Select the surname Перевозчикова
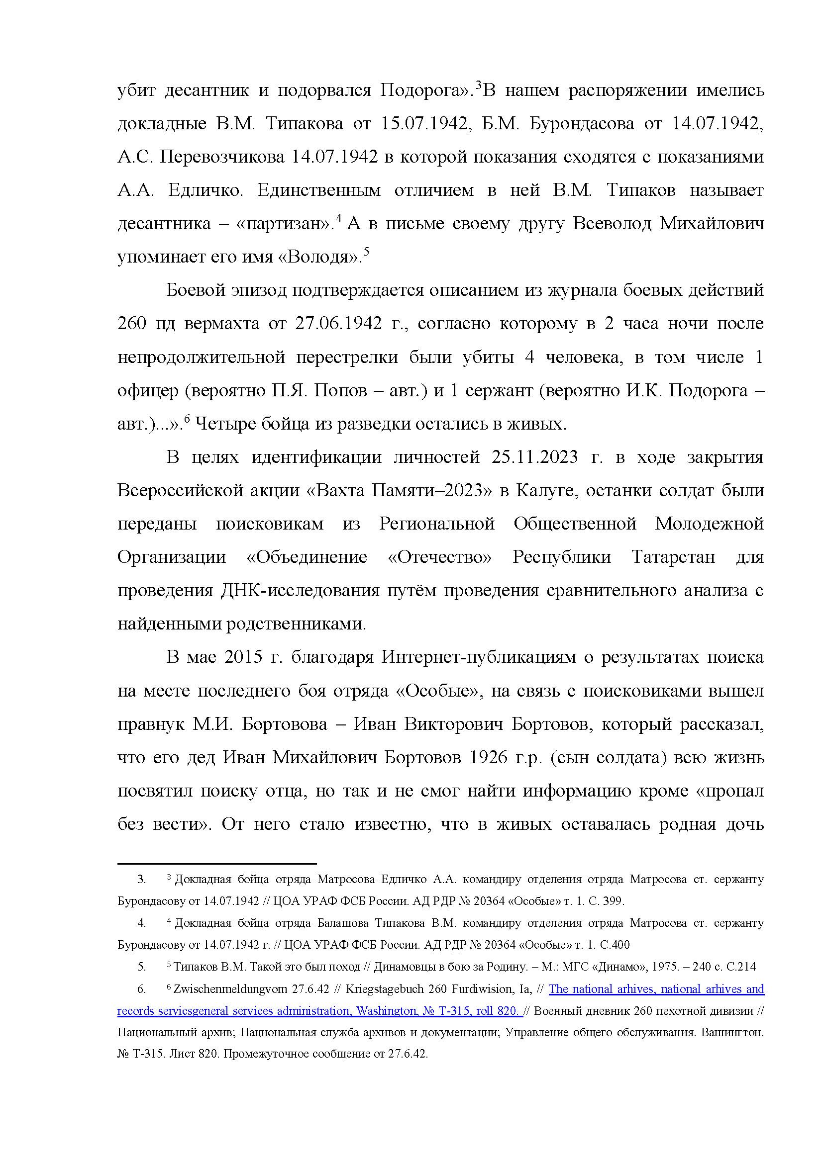(222, 158)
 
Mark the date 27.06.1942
(338, 324)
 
